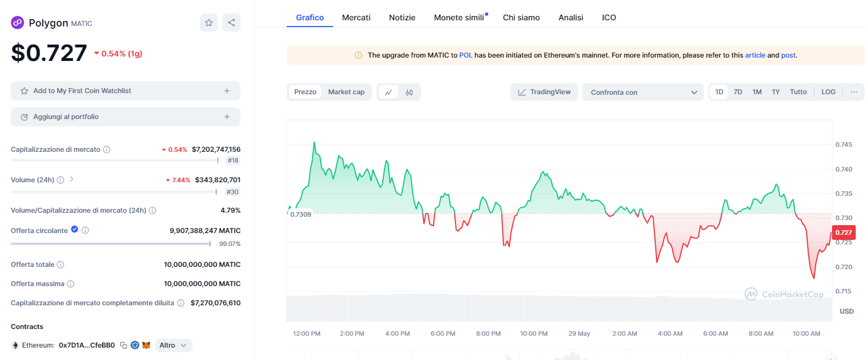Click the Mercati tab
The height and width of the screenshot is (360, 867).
[356, 17]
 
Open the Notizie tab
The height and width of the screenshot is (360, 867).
[402, 17]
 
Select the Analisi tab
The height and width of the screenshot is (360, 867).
[571, 17]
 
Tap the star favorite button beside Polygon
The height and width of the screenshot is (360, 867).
[209, 23]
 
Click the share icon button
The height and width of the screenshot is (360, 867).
[231, 23]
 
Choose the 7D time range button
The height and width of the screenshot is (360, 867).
[738, 92]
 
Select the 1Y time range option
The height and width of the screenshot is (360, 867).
[776, 92]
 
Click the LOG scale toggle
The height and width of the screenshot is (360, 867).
[828, 92]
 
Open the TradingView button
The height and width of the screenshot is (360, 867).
[544, 92]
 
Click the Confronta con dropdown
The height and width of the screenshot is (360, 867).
[643, 92]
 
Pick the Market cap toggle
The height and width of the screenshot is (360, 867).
[347, 92]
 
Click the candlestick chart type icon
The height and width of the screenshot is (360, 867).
[409, 92]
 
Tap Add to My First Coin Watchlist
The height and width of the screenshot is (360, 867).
[125, 91]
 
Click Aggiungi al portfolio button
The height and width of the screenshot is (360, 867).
[125, 117]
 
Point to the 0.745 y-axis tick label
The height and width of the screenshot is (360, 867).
[844, 144]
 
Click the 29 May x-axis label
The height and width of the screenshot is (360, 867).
[579, 333]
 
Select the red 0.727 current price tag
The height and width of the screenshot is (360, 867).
[843, 232]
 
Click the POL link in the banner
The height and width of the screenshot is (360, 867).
[466, 55]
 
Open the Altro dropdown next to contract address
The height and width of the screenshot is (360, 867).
[173, 345]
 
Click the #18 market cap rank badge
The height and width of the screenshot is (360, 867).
[233, 160]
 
